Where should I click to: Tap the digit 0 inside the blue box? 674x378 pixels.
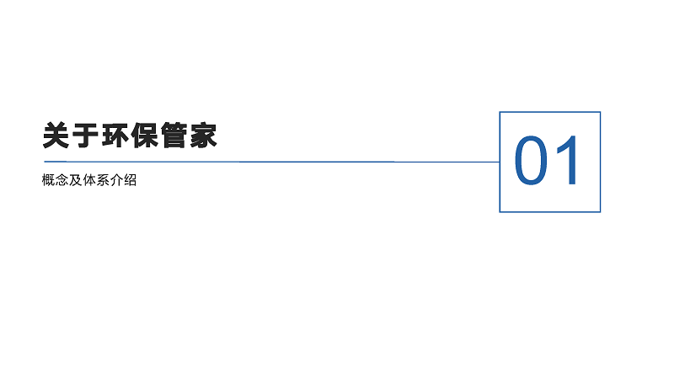pos(532,161)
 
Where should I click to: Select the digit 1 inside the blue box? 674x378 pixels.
pos(568,161)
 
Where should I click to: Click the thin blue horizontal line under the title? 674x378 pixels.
pos(253,161)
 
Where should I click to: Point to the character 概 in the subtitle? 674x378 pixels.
pos(49,181)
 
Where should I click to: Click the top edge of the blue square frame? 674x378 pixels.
pos(549,112)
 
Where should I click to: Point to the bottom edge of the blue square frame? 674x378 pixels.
pos(549,211)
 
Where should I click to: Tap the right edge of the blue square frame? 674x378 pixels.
pos(600,162)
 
